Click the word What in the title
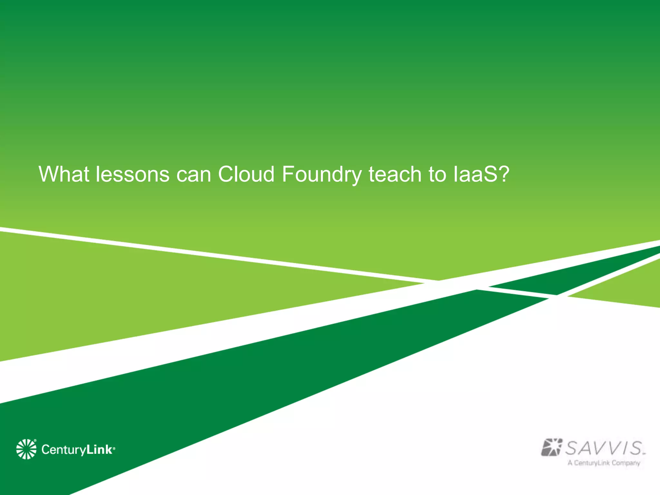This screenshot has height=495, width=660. click(x=64, y=174)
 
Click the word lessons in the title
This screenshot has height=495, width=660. click(x=132, y=174)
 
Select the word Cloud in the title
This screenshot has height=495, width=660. click(x=246, y=174)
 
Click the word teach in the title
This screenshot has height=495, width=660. click(x=395, y=174)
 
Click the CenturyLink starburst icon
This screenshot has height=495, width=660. click(x=26, y=449)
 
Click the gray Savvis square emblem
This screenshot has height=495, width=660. click(x=551, y=447)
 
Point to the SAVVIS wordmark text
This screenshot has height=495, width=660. click(x=604, y=448)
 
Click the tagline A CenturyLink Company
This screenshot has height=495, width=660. click(x=604, y=463)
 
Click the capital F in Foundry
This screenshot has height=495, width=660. click(x=287, y=174)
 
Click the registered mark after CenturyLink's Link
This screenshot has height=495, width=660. click(x=114, y=448)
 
